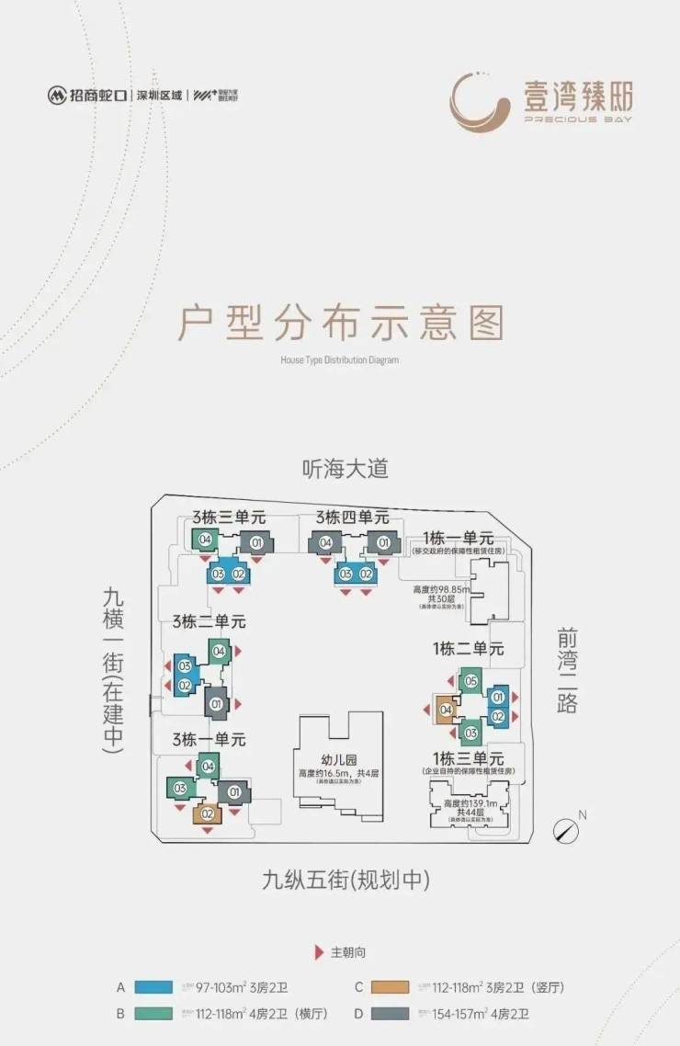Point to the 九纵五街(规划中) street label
(x=346, y=881)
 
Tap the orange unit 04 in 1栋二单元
(x=446, y=710)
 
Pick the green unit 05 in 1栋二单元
(x=470, y=681)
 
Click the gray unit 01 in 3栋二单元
(x=217, y=704)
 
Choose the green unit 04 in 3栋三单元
(x=205, y=540)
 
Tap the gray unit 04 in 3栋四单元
(x=325, y=543)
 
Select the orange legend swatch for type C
(x=392, y=988)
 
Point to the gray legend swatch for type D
(x=392, y=1015)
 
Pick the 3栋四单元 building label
(x=352, y=518)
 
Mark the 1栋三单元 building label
(x=468, y=759)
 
